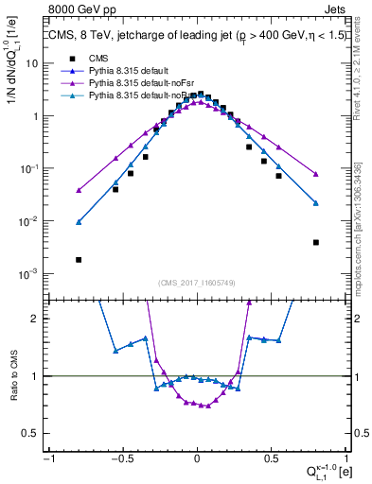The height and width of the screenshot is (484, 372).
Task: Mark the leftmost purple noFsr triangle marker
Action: pyautogui.click(x=79, y=190)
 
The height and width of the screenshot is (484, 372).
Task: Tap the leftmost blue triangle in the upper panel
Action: pyautogui.click(x=79, y=222)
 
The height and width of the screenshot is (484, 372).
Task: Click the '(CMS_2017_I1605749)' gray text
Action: pyautogui.click(x=197, y=283)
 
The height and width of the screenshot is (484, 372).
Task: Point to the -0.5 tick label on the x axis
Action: pyautogui.click(x=122, y=459)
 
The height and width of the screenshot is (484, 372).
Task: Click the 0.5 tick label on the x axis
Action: pyautogui.click(x=271, y=459)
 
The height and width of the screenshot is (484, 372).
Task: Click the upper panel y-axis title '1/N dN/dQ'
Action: pyautogui.click(x=13, y=62)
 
